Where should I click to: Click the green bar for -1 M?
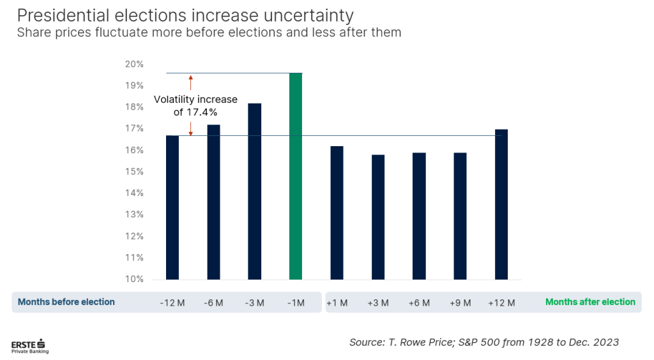(296, 176)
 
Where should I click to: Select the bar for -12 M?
(172, 207)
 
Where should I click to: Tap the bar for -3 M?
(254, 191)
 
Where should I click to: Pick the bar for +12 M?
(501, 204)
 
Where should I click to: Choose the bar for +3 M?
(378, 217)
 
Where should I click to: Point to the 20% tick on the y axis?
(134, 64)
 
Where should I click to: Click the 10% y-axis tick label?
(134, 279)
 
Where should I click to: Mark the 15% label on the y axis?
(134, 172)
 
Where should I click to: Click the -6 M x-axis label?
(213, 303)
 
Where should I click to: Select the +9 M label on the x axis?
(460, 303)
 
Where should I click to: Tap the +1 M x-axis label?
(337, 303)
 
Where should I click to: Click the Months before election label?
(66, 302)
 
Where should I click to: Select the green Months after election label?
(590, 302)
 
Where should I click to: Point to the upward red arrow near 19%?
(190, 81)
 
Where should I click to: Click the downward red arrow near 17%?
(190, 128)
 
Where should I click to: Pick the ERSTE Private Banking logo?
(29, 345)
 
